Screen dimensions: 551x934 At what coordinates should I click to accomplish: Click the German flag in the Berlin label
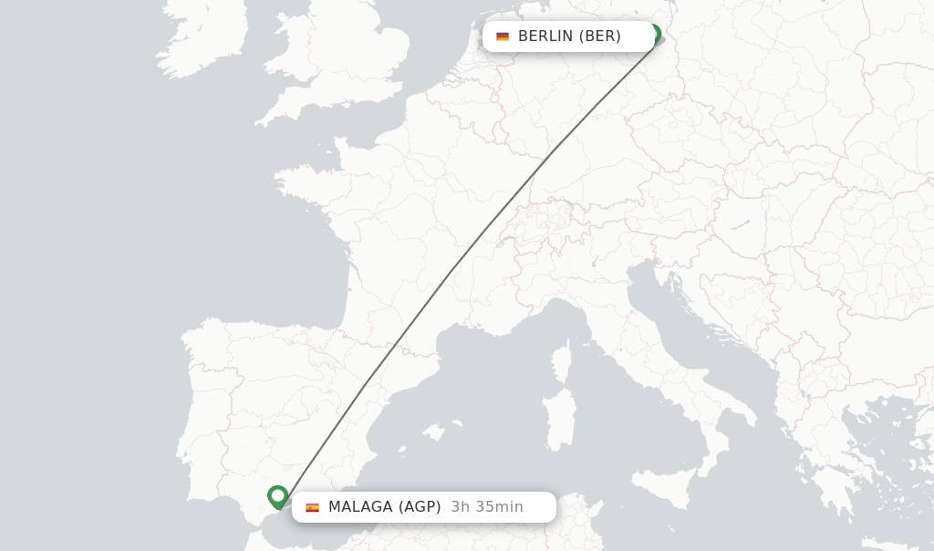click(503, 36)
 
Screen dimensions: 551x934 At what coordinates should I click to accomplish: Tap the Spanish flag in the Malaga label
click(313, 507)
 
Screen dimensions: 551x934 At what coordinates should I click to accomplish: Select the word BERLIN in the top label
click(545, 36)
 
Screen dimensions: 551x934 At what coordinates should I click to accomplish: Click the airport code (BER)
click(600, 36)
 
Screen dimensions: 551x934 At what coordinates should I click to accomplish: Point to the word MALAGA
click(360, 507)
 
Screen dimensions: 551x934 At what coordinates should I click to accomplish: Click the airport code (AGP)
click(420, 507)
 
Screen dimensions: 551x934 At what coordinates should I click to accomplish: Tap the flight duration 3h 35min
click(487, 507)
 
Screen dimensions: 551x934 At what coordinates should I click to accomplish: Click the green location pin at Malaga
click(278, 496)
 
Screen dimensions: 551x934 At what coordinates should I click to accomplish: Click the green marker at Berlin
click(654, 35)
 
